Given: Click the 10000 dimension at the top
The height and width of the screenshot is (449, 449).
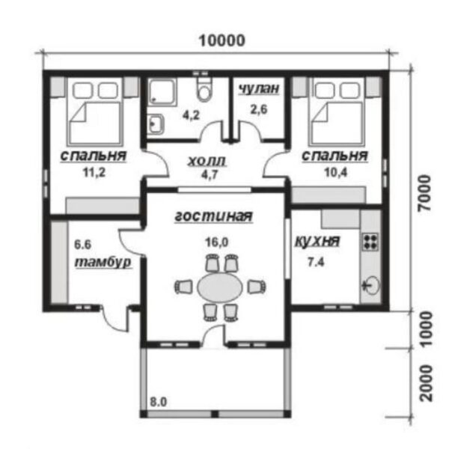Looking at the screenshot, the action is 222,40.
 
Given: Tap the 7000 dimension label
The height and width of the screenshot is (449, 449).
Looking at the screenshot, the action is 424,193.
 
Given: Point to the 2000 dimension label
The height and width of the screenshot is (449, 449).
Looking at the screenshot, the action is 426,383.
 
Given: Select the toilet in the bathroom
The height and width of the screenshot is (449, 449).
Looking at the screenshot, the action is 204,89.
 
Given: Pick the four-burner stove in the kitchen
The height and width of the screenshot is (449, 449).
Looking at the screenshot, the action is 370,242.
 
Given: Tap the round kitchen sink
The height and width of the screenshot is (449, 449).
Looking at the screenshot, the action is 371,285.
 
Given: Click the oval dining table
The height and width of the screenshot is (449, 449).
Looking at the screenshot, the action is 220,287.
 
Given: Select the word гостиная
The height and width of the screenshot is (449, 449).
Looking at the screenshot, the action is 213,216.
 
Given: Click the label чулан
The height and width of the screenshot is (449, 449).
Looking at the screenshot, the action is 259,88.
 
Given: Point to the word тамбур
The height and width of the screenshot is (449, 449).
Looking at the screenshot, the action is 103,263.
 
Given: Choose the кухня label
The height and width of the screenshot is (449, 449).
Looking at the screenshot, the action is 317,242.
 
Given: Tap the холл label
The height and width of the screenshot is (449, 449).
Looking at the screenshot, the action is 207,161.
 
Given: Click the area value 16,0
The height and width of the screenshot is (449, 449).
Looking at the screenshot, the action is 217,242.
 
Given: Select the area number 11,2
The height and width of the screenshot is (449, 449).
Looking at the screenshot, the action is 94,172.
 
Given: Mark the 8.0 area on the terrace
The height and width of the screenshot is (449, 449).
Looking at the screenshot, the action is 159,402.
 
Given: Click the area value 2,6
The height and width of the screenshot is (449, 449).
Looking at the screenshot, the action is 259,109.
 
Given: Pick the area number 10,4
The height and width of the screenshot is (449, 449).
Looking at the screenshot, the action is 336,172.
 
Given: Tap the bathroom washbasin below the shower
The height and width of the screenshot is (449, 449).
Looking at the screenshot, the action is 156,123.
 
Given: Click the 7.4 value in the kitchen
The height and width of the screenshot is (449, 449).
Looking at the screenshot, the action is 316,262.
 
